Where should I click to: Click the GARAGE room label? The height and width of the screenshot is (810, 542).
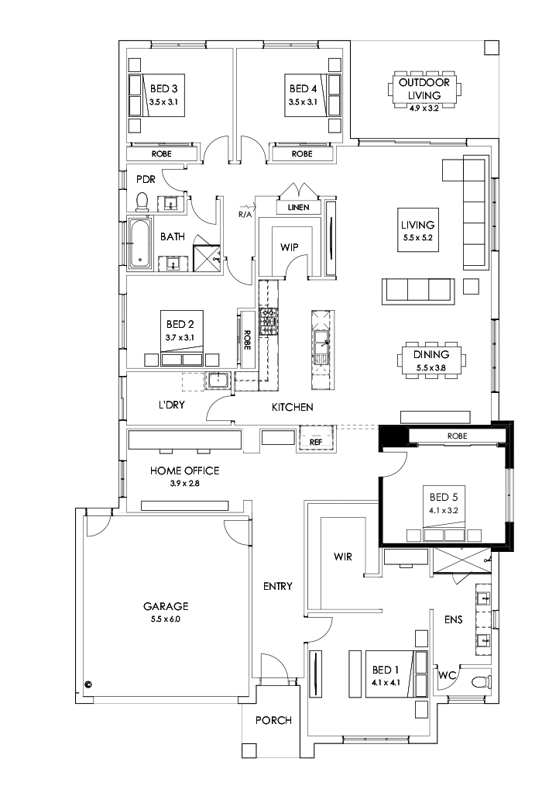point(165,606)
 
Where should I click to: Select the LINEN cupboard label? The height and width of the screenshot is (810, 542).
point(298,208)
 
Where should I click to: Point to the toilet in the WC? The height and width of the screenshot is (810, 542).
point(483,681)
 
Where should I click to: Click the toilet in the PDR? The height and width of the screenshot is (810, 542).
point(142,202)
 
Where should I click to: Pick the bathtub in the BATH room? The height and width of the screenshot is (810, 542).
point(140,245)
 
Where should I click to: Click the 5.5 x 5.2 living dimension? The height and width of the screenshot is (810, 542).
point(418,239)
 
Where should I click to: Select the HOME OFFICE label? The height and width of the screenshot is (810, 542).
point(184,470)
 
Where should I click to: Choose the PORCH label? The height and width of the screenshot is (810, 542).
point(273,720)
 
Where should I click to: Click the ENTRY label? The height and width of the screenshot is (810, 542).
point(277,586)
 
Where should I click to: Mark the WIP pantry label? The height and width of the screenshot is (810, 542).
point(290,247)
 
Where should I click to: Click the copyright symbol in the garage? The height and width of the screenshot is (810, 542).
point(88,684)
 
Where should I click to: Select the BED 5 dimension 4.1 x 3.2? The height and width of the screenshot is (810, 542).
point(445,511)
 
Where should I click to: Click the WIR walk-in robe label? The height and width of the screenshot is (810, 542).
point(343,556)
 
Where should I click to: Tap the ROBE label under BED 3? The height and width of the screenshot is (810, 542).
point(162,154)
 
